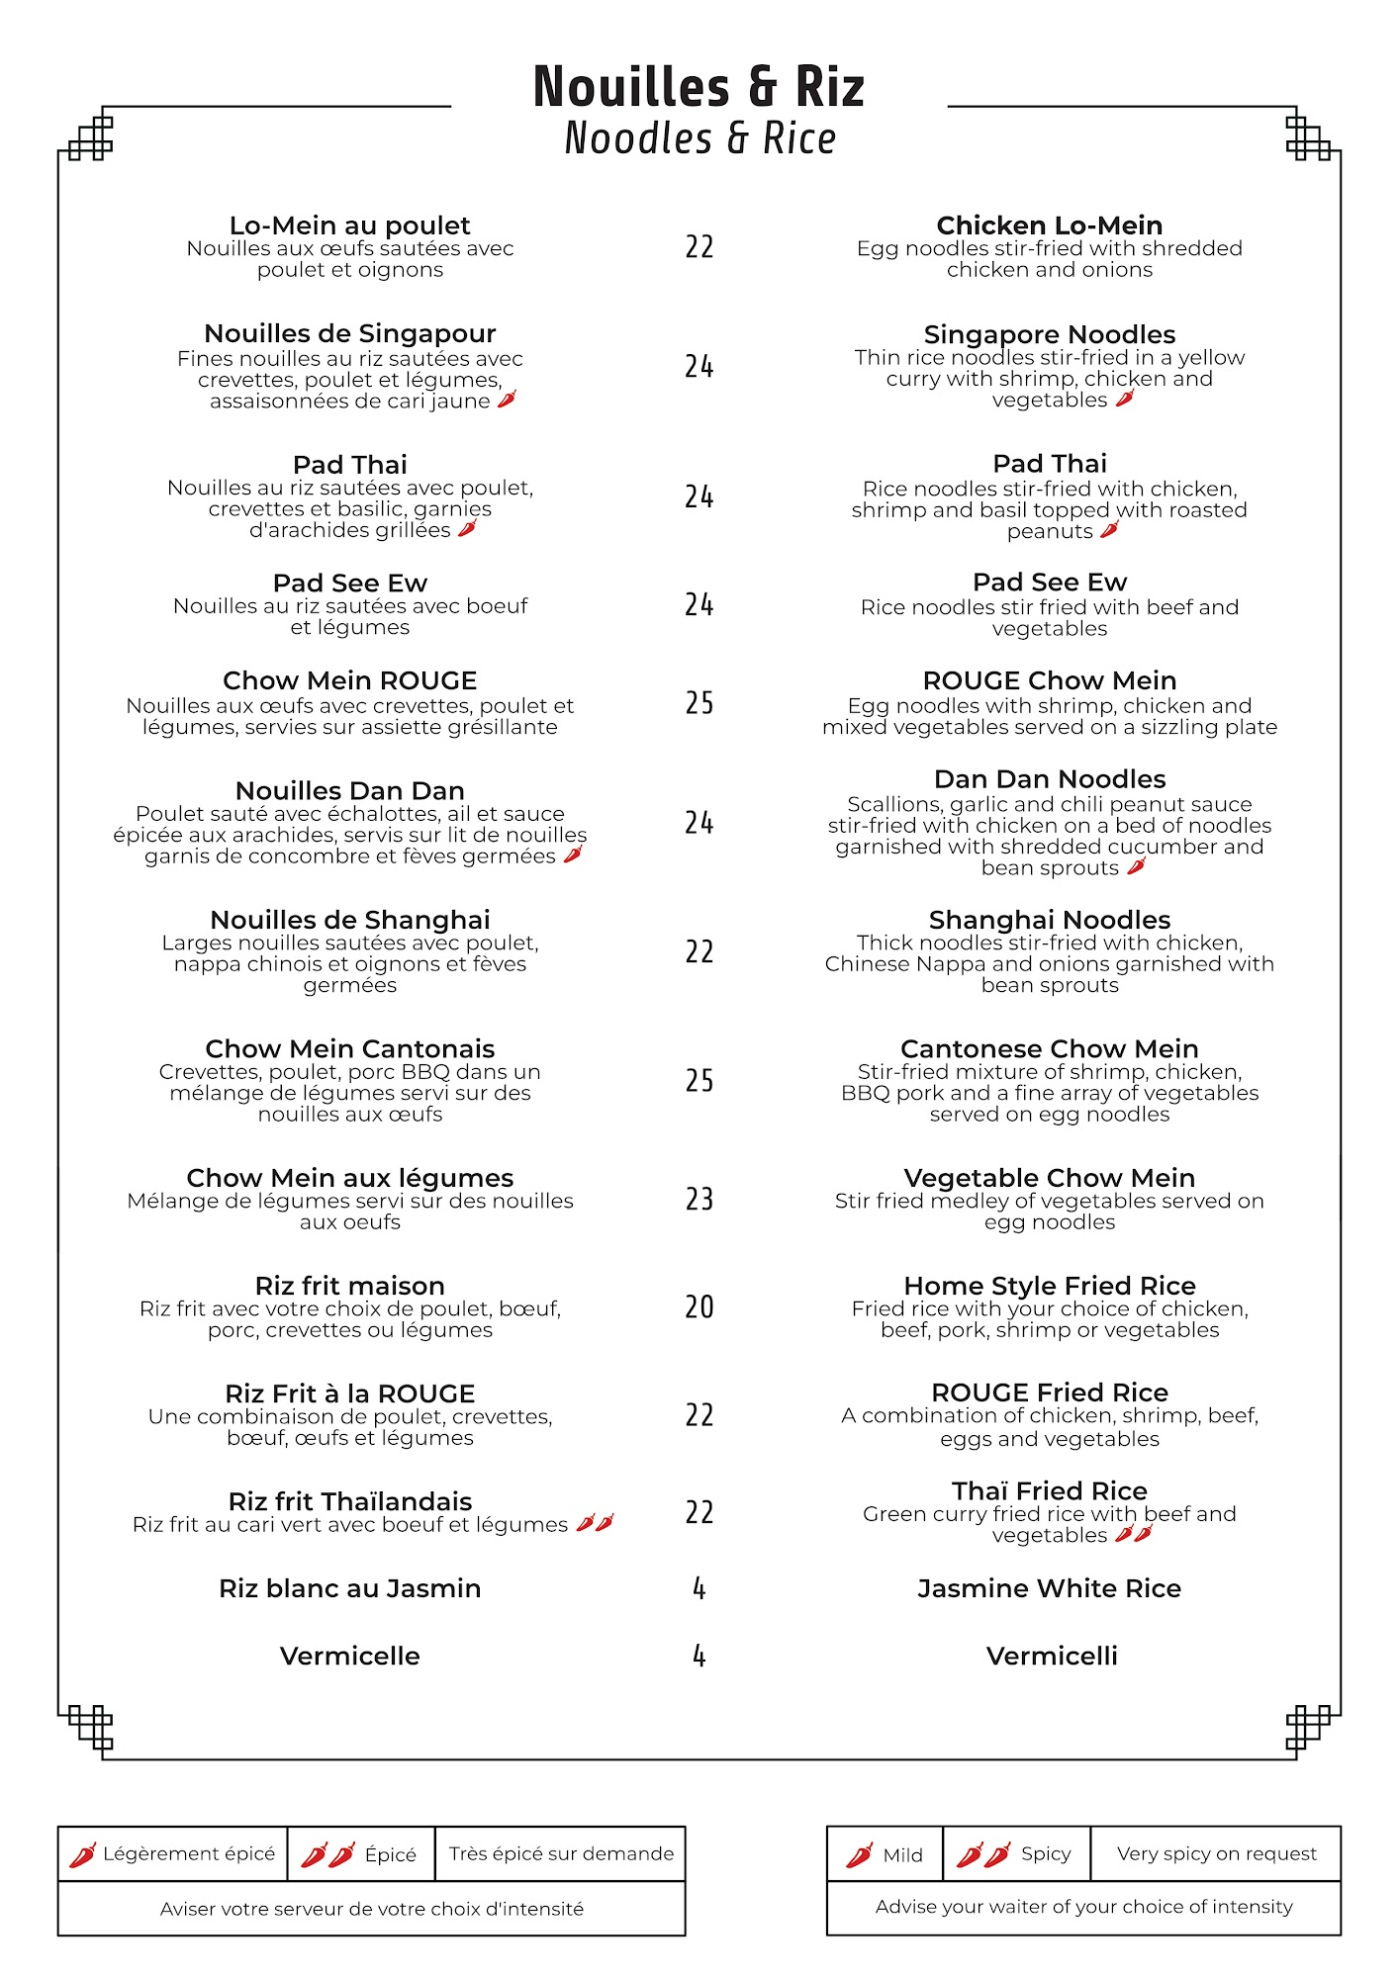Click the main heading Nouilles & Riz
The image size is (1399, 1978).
tap(699, 87)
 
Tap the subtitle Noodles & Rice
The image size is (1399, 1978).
tap(699, 138)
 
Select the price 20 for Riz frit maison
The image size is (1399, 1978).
tap(699, 1306)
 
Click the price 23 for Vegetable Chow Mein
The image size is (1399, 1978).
tap(699, 1199)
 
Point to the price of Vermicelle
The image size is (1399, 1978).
tap(699, 1656)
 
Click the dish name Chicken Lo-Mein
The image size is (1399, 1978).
tap(1049, 225)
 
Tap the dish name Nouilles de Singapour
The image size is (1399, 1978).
tap(349, 333)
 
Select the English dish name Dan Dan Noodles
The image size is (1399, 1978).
tap(1049, 779)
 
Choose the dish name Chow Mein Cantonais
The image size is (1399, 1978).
tap(349, 1048)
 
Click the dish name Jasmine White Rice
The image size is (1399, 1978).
tap(1049, 1588)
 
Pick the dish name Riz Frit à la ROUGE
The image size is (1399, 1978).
tap(349, 1394)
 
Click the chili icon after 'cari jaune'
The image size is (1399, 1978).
tap(507, 400)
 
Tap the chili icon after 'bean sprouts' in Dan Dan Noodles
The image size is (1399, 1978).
tap(1137, 866)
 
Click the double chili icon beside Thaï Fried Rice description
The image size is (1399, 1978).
tap(1134, 1534)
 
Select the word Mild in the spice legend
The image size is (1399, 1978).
tap(902, 1855)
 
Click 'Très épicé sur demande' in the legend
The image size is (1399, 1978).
tap(561, 1853)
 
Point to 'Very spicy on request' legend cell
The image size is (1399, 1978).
tap(1216, 1853)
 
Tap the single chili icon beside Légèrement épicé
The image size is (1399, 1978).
tap(82, 1854)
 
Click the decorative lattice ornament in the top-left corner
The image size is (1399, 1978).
tap(91, 137)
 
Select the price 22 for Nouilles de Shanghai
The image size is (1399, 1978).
tap(699, 951)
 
